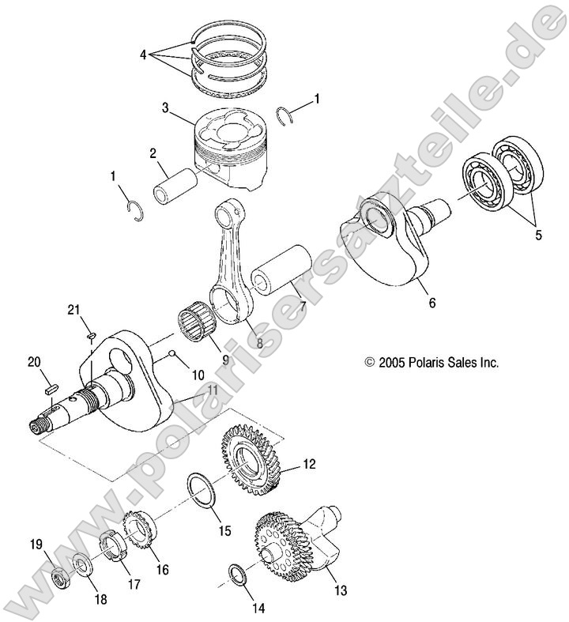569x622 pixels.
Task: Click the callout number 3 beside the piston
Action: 164,107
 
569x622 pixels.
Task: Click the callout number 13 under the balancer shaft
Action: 340,590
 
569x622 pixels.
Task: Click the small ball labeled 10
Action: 171,356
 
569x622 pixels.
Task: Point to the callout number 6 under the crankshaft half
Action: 431,302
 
